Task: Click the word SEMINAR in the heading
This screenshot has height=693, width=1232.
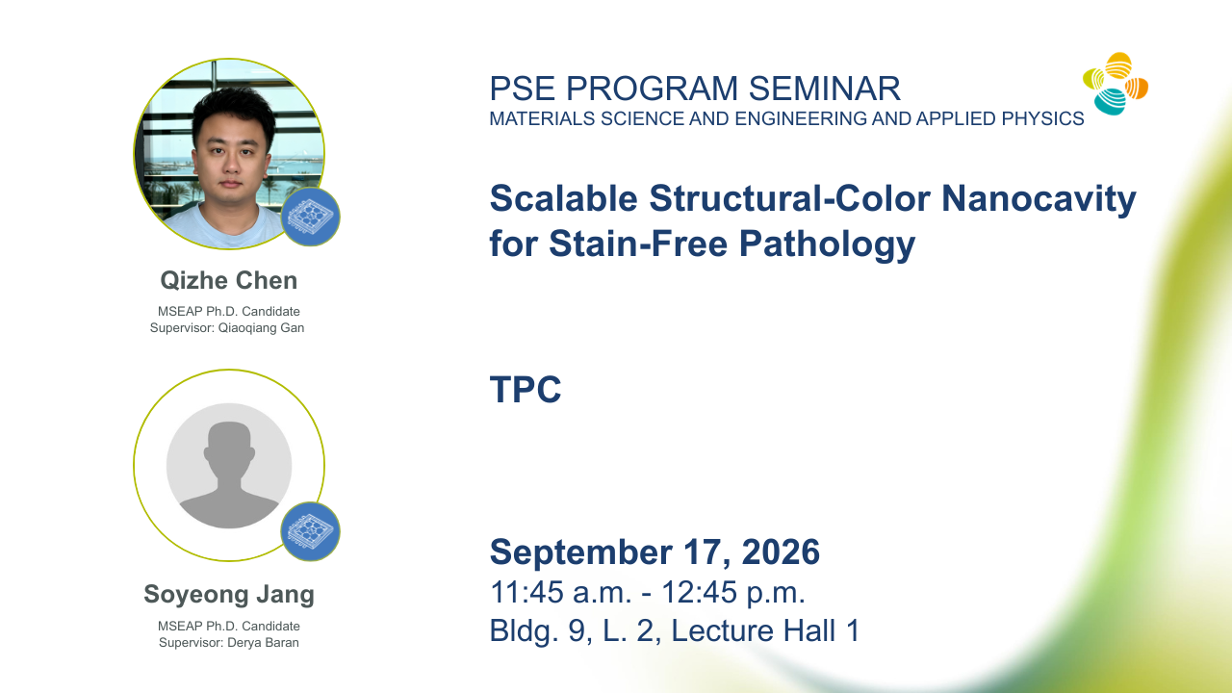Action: [825, 89]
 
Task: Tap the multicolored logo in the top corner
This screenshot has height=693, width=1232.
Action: [1116, 84]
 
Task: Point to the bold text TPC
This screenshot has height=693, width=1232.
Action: [526, 390]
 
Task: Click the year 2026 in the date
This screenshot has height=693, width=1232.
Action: [781, 552]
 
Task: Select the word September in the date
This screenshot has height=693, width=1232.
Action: [580, 553]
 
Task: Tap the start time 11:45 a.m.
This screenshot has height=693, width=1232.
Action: [560, 592]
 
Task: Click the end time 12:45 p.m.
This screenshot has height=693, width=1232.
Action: [733, 592]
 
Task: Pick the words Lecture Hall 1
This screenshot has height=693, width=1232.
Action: [765, 630]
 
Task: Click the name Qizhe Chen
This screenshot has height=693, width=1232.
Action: [229, 280]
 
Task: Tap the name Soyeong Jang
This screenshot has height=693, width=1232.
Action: [229, 595]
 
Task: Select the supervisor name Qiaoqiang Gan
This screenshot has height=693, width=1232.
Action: [261, 328]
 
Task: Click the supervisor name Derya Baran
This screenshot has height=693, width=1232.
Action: [263, 643]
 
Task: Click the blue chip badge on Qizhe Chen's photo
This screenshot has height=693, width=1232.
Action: [310, 217]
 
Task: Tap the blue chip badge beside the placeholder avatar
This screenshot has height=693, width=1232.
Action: [310, 531]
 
